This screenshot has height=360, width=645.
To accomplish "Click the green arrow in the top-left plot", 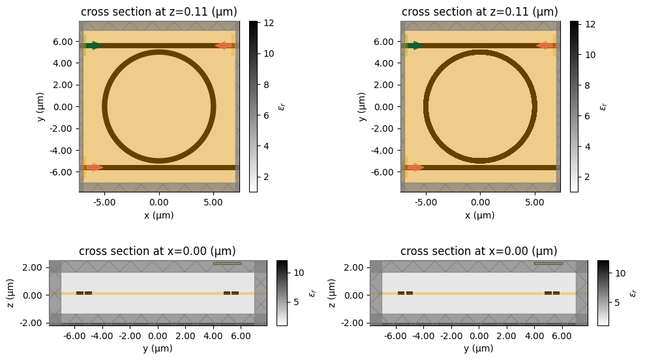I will click(x=95, y=46).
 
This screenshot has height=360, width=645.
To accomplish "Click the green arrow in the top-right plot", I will click(x=415, y=46).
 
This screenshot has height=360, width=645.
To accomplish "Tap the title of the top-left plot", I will click(x=158, y=12).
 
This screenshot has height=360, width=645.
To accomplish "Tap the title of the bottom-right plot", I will click(x=479, y=251).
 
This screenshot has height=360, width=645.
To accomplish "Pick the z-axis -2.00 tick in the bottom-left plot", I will click(x=33, y=323).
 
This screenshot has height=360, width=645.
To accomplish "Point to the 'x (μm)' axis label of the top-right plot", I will click(x=480, y=215).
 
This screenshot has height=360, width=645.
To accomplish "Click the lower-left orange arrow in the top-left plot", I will click(x=95, y=168).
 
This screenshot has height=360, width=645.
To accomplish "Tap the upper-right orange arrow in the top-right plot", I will click(x=545, y=46).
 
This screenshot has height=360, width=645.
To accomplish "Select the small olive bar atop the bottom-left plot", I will click(x=227, y=263).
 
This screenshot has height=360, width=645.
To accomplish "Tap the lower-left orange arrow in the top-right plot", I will click(x=415, y=168).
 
